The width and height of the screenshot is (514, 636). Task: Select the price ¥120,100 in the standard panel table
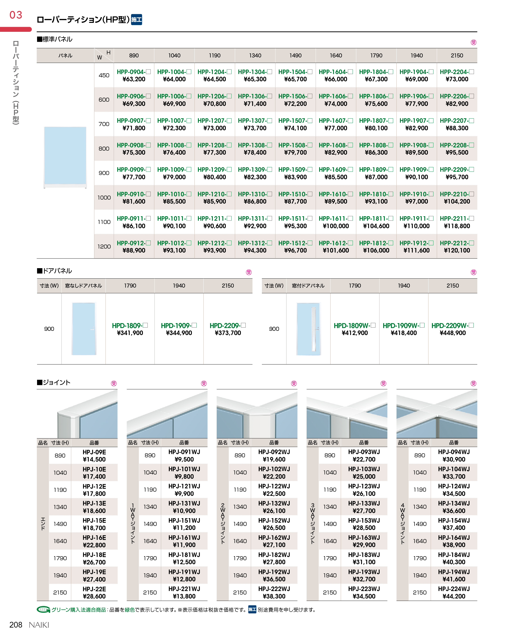coord(457,250)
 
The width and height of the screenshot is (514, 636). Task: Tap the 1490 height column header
coord(295,55)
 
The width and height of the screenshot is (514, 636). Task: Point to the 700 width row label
coord(104,124)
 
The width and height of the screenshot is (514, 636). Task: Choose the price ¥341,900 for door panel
coord(130,333)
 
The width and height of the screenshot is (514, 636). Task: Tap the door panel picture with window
coord(309,329)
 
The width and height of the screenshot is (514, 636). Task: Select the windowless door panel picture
coord(84,329)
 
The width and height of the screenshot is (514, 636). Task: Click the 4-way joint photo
coord(436,414)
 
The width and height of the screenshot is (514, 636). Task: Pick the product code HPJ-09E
coord(94,452)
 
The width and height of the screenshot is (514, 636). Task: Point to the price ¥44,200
coord(454,596)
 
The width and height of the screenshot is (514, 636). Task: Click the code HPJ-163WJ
coord(364,538)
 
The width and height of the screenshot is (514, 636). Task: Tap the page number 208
coord(16,625)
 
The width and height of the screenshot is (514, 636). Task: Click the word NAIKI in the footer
coord(39,625)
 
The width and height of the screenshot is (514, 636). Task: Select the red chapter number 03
coord(16,15)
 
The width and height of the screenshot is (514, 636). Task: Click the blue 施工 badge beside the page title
coord(136,20)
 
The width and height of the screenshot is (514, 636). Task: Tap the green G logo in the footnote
coord(43,610)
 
